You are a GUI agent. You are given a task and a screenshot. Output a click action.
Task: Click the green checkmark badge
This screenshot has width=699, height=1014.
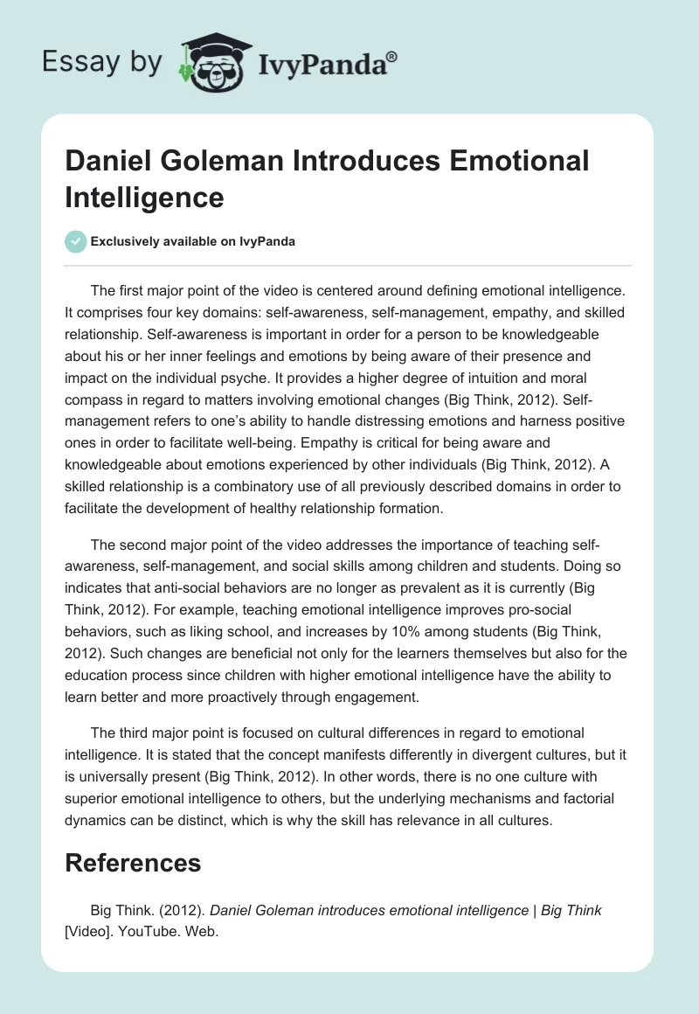click(76, 241)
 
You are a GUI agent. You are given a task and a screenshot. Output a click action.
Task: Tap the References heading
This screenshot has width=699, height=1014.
click(133, 864)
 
